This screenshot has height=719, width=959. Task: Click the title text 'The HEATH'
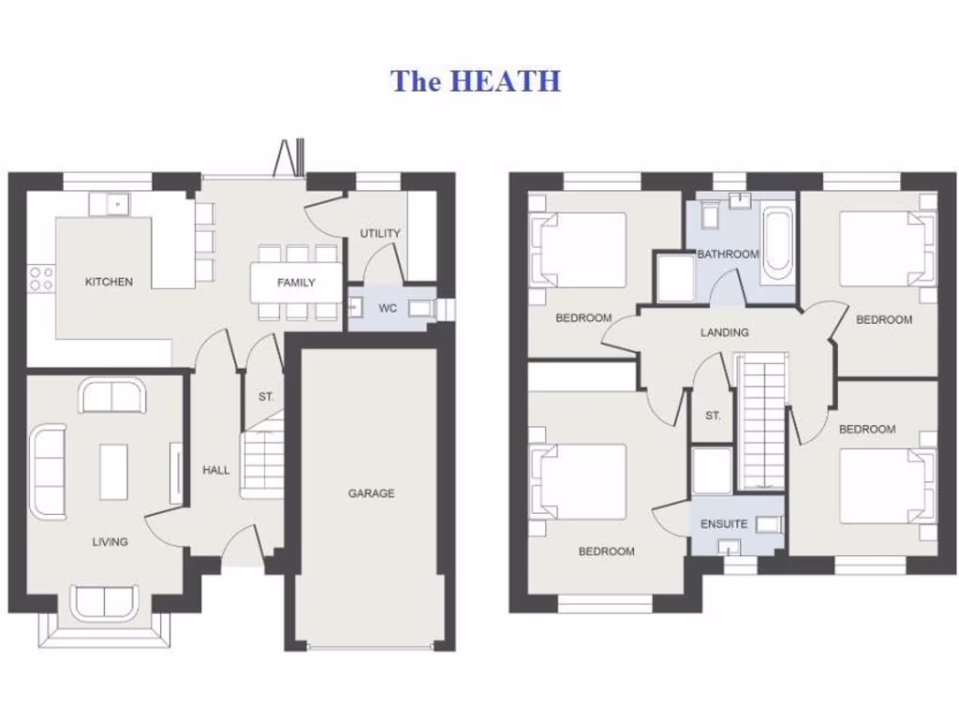tap(476, 81)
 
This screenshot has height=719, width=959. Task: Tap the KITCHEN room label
tap(109, 282)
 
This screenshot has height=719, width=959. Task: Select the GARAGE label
tap(372, 493)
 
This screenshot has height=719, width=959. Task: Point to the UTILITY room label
tap(380, 233)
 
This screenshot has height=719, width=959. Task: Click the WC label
tap(388, 308)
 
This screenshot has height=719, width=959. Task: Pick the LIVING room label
tap(110, 541)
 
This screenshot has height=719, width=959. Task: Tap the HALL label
tap(216, 470)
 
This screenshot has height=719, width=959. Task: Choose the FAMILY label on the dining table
tap(296, 283)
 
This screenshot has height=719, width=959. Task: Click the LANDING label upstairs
tap(725, 332)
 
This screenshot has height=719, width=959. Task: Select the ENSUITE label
tap(724, 524)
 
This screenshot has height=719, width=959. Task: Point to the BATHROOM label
tap(728, 254)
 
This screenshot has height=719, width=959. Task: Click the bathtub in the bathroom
tap(776, 243)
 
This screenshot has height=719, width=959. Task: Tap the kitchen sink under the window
tap(111, 203)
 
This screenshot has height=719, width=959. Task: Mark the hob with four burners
tap(41, 277)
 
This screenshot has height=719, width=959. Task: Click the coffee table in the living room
tap(114, 471)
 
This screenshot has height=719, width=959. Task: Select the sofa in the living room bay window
tap(105, 602)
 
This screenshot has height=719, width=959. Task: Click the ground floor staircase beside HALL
tap(262, 462)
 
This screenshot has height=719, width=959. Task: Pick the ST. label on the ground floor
tap(266, 397)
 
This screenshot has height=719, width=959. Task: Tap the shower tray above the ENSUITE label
tap(712, 470)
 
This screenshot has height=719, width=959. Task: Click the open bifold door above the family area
tap(288, 158)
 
